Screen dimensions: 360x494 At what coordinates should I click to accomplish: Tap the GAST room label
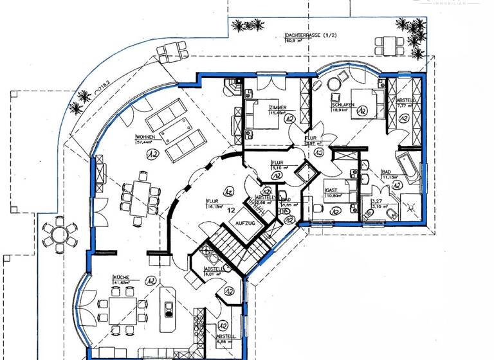click(x=332, y=192)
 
